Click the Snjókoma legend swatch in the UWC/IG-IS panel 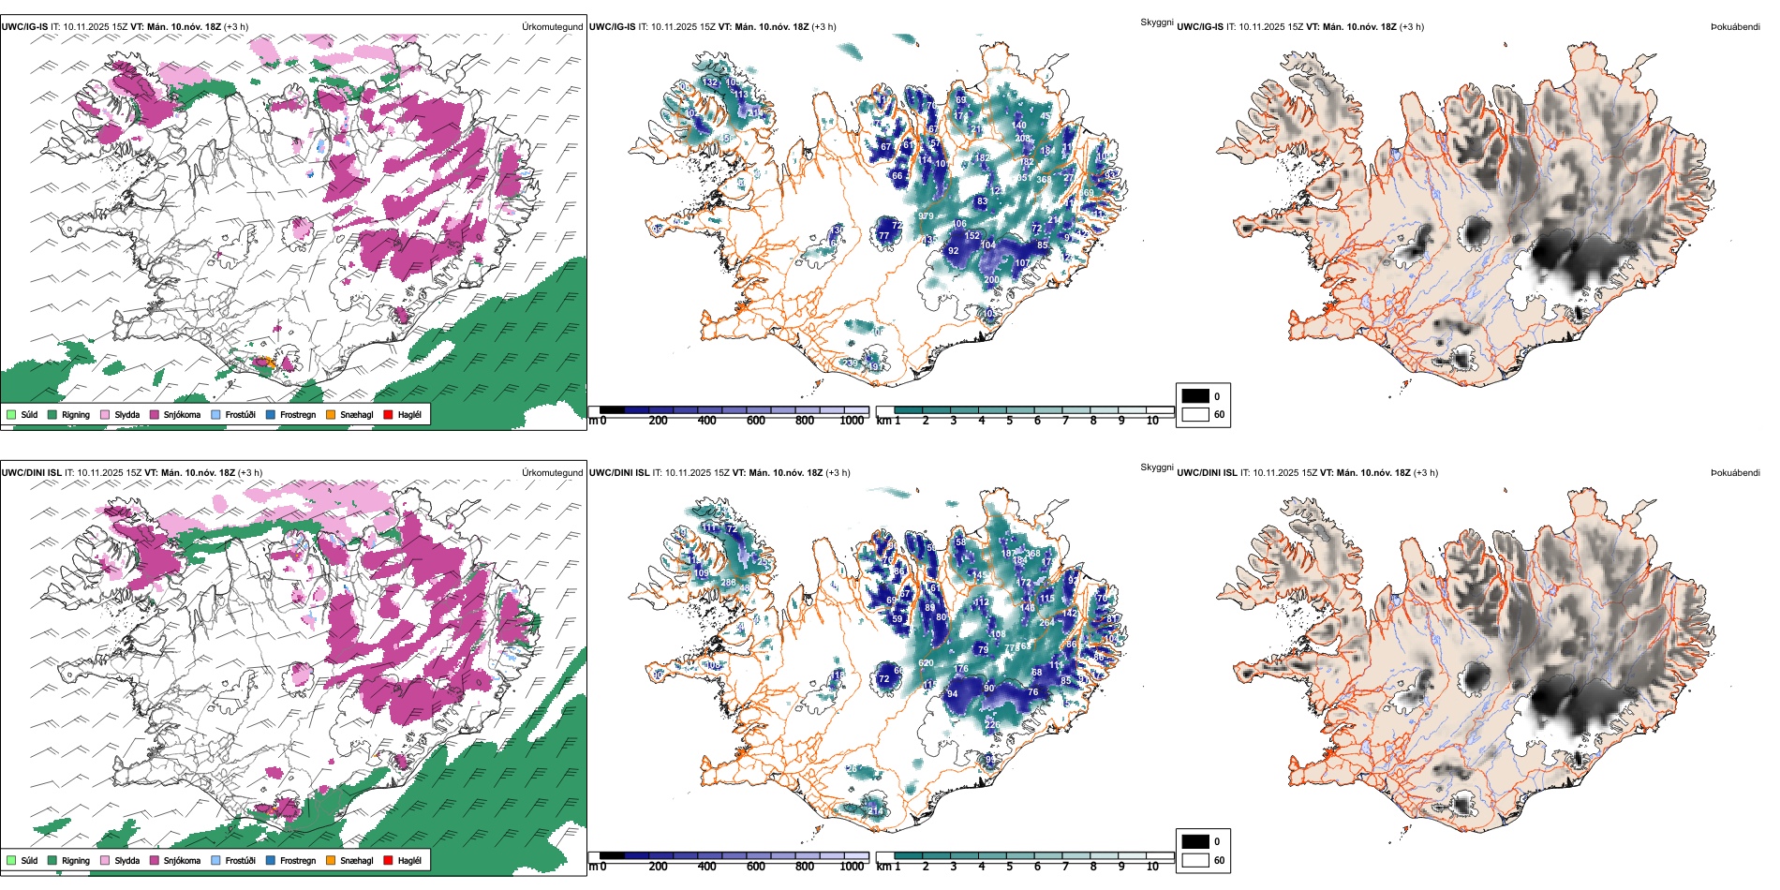[155, 414]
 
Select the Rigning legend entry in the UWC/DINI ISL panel [53, 860]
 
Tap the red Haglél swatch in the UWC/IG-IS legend [388, 414]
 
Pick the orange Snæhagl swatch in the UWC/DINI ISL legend [331, 860]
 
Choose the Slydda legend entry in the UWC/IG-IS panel [105, 414]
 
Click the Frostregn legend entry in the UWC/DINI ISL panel [271, 860]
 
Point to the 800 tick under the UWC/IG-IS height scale [804, 421]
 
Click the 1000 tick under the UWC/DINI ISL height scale [852, 867]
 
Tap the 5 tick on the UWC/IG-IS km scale [1009, 421]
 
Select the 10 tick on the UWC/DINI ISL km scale [1152, 867]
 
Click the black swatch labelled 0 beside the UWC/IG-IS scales [1195, 396]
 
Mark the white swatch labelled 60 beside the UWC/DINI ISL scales [1195, 860]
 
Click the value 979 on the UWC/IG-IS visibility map [926, 216]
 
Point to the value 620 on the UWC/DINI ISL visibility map [926, 663]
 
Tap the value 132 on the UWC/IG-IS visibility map [710, 82]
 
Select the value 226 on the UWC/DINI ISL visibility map [992, 724]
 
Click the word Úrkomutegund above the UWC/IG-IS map [552, 27]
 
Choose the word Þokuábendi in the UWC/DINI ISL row [1735, 473]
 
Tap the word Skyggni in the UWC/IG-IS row [1156, 22]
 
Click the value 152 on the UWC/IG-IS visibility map [972, 236]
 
